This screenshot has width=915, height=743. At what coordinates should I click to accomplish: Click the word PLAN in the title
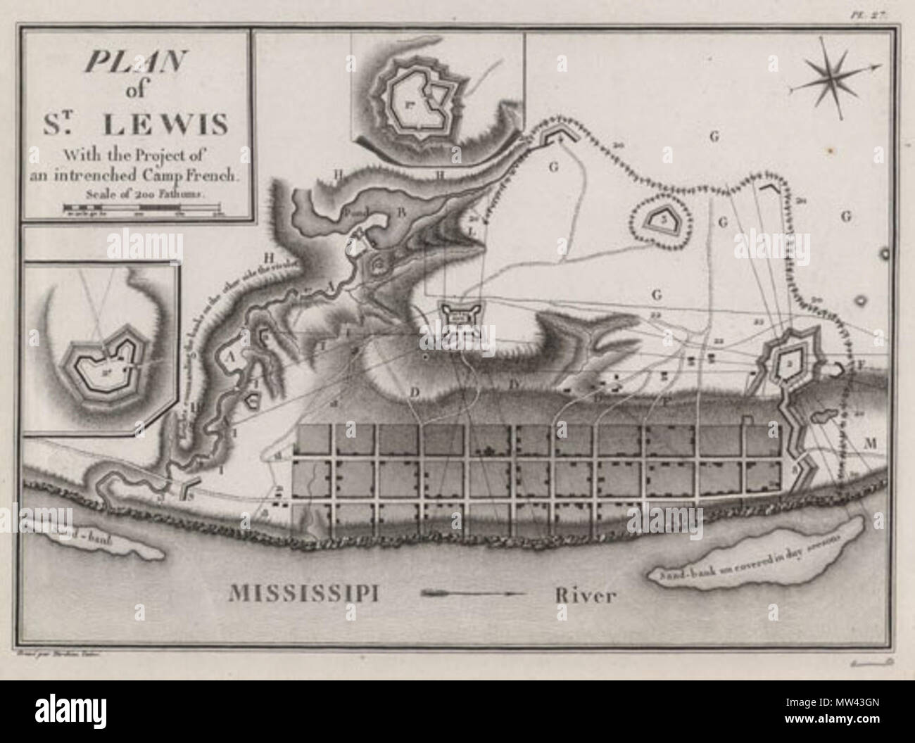pos(134,65)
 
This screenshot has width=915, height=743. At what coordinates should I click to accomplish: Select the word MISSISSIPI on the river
pos(305,593)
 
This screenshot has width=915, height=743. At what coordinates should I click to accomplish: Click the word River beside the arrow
pos(584,596)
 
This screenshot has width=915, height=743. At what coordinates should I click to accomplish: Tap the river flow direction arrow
pos(472,593)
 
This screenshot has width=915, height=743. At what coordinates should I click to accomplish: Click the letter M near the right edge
pos(870,443)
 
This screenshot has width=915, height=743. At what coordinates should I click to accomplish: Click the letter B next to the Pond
pos(402,211)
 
